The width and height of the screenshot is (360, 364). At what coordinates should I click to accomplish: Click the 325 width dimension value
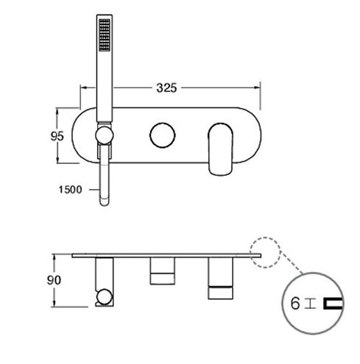click(x=166, y=88)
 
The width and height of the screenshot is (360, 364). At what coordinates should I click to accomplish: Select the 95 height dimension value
click(x=57, y=136)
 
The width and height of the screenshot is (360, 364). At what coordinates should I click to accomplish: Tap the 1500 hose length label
click(x=70, y=190)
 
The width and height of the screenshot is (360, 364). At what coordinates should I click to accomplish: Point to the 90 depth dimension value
click(x=54, y=280)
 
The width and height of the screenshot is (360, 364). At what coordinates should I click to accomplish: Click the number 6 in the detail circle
click(x=295, y=303)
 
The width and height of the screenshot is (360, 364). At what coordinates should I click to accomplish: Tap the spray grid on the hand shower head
click(x=105, y=35)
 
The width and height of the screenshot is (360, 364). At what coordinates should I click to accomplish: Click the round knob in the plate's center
click(x=162, y=135)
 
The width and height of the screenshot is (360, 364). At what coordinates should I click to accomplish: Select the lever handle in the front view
click(x=220, y=149)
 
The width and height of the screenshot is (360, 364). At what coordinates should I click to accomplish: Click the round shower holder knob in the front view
click(x=105, y=135)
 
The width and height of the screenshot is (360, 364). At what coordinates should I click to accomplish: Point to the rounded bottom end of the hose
click(x=105, y=201)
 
